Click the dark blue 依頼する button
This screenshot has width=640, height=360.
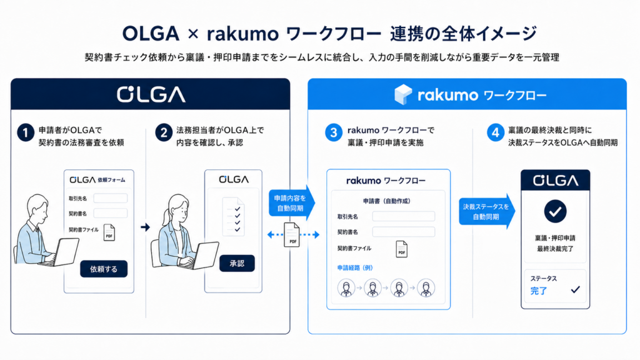[x=104, y=269]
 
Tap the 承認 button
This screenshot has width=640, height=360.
[x=237, y=263]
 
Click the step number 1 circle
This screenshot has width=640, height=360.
[x=25, y=132]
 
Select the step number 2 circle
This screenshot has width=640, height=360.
[x=164, y=132]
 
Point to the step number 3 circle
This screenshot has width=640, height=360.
[x=334, y=132]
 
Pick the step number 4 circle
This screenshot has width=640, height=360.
[x=495, y=132]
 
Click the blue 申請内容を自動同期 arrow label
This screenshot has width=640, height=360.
[x=291, y=203]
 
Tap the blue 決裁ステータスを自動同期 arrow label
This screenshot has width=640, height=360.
[x=486, y=211]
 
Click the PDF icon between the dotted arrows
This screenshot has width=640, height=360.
[x=292, y=235]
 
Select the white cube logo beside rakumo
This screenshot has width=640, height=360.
[x=403, y=95]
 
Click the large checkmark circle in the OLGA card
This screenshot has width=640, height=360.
[x=555, y=211]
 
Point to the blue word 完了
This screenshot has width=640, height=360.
[x=538, y=291]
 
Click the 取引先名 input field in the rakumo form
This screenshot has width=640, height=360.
[x=403, y=216]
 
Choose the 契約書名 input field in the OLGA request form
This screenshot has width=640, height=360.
[x=110, y=213]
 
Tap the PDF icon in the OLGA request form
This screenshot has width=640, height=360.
[x=109, y=232]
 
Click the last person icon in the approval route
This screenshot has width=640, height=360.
[x=426, y=287]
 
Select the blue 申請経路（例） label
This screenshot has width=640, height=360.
[x=355, y=267]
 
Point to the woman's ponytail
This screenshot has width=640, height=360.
[x=166, y=216]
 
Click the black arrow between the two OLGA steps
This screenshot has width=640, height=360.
[x=145, y=227]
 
